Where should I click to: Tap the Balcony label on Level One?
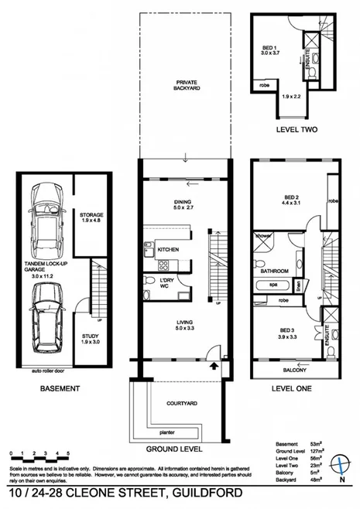(x=293, y=370)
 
